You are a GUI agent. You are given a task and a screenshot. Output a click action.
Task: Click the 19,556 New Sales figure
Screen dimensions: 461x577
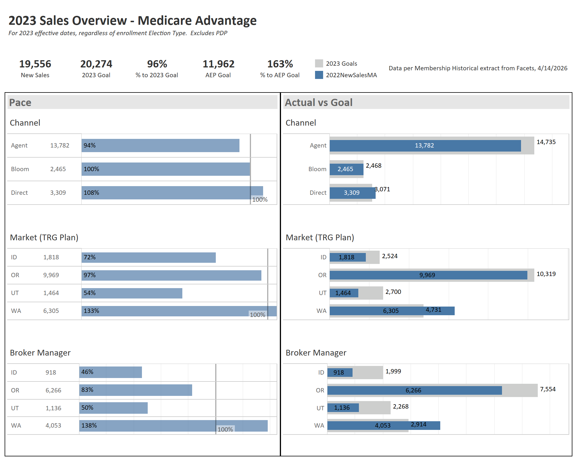click(35, 64)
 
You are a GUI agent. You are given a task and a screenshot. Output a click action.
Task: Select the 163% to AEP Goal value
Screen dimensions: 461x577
click(280, 64)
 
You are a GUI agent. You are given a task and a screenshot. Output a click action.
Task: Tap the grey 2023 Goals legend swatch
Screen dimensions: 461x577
click(319, 63)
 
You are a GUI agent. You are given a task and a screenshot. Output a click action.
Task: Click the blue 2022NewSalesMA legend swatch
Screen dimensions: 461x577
click(319, 75)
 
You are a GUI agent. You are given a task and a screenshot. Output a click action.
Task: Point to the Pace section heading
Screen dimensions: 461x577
click(20, 103)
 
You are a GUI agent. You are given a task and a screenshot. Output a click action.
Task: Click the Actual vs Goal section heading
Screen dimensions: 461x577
click(319, 103)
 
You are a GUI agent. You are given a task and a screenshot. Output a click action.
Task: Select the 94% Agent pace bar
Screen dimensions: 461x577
click(160, 146)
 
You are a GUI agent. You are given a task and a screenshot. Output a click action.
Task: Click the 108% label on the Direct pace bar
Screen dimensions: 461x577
click(91, 193)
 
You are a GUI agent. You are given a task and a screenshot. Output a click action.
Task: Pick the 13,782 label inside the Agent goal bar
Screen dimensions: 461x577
click(424, 146)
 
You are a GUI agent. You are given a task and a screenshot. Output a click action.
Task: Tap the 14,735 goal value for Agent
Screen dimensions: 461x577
click(546, 142)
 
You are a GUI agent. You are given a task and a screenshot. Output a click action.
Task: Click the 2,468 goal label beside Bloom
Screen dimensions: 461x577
click(373, 166)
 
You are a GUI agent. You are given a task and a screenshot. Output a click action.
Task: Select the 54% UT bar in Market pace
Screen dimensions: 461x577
click(132, 293)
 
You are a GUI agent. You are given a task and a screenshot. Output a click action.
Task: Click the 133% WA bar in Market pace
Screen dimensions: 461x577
click(179, 311)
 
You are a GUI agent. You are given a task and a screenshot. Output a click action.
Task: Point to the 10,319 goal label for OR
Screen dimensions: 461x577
click(546, 274)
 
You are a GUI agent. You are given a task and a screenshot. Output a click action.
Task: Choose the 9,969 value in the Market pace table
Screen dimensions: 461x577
click(51, 275)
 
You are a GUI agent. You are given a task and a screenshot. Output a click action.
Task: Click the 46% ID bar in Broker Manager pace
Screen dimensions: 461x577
click(110, 372)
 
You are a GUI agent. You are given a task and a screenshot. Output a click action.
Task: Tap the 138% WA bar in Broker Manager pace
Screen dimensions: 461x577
click(173, 426)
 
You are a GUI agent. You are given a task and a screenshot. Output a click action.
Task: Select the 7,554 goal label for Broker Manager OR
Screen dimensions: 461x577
click(548, 389)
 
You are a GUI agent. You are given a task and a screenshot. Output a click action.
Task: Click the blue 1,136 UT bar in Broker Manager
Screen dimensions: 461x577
click(343, 408)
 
